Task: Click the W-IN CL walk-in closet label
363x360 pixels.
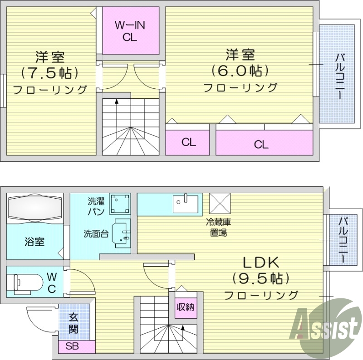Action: pos(130,31)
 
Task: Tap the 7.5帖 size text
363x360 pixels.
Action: pos(50,73)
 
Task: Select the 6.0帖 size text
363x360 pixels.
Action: pos(240,71)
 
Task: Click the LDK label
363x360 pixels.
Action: pos(260,263)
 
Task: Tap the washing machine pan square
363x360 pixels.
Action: pos(120,204)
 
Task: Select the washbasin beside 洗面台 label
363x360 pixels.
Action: pos(121,233)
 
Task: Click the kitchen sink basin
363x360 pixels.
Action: pos(186,204)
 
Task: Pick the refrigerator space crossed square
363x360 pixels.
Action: pos(220,204)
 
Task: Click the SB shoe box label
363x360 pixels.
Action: pos(72,346)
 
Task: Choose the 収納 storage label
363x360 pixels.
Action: pos(186,307)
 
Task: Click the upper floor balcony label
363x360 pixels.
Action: pos(340,76)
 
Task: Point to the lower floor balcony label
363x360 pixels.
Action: pos(343,240)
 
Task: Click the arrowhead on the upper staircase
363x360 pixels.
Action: pos(117,101)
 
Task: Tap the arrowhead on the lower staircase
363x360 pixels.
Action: pos(183,327)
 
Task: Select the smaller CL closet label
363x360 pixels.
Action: pos(189,142)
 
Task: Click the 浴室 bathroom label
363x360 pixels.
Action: pos(34,242)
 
